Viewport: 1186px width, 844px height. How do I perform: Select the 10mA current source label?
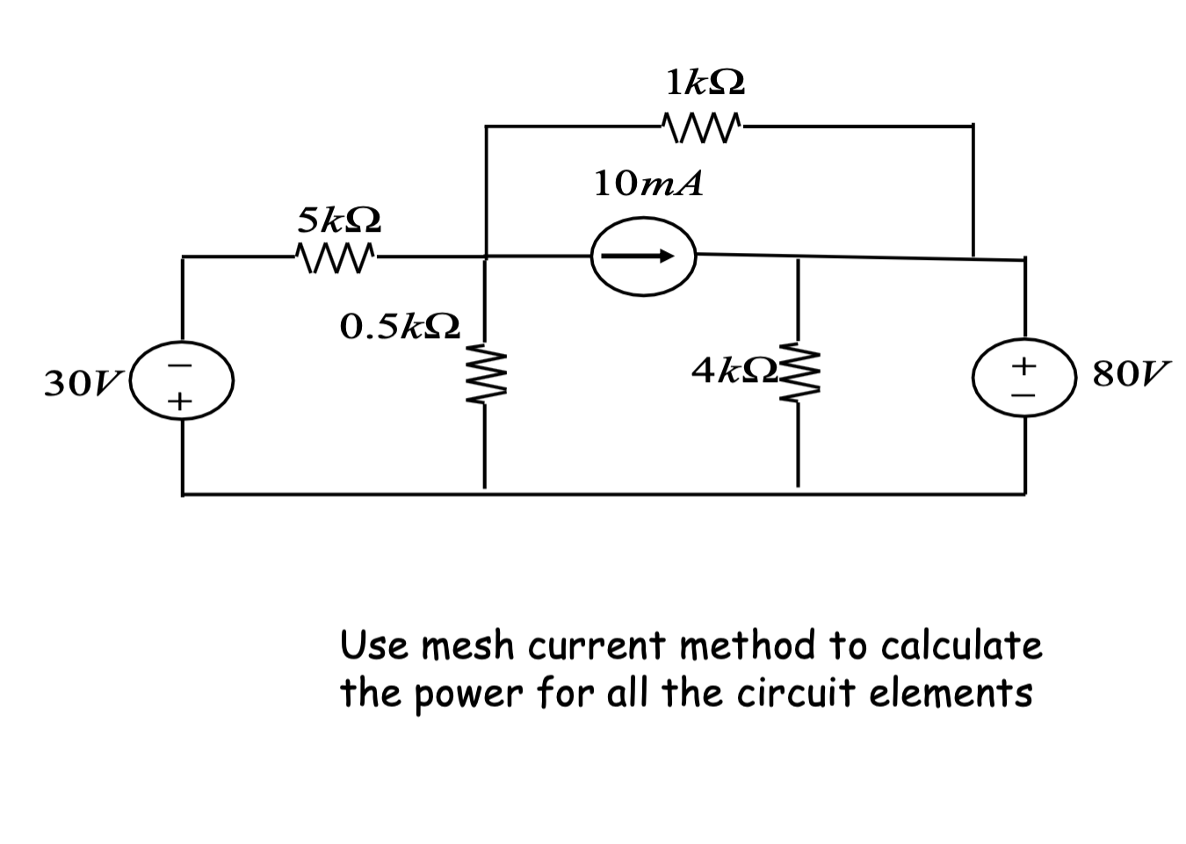pyautogui.click(x=647, y=184)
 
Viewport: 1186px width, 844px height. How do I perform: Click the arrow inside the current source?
pyautogui.click(x=643, y=256)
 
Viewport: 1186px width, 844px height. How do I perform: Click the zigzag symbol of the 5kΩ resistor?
pyautogui.click(x=337, y=257)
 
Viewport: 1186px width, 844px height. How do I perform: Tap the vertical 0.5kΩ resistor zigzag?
pyautogui.click(x=483, y=380)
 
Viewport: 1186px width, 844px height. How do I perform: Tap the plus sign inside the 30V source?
pyautogui.click(x=180, y=402)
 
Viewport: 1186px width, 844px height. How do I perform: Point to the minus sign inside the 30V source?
pyautogui.click(x=180, y=363)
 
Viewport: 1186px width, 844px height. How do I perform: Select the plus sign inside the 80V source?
pyautogui.click(x=1024, y=363)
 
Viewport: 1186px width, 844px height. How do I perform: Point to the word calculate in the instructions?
pyautogui.click(x=961, y=646)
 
